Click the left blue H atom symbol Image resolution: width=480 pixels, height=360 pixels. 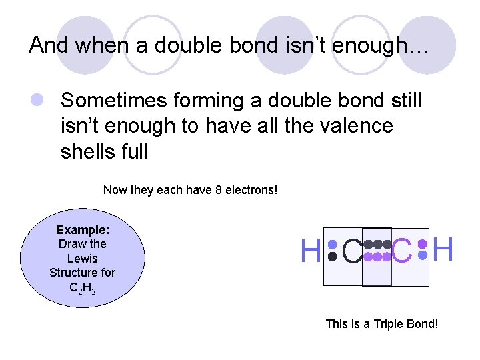[x=311, y=252]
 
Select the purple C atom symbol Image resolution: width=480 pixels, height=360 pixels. [x=402, y=252]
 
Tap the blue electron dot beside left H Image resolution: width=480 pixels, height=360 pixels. [x=332, y=245]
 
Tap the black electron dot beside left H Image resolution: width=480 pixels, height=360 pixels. [x=332, y=256]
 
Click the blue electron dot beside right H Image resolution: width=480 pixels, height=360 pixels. [x=421, y=255]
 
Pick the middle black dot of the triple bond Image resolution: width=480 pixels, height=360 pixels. [x=377, y=244]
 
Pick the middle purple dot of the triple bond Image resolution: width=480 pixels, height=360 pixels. [x=377, y=257]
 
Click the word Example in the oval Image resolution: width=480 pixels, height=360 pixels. [x=83, y=230]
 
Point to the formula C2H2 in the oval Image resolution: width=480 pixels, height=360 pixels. [x=83, y=287]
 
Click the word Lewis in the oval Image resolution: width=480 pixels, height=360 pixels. [x=83, y=259]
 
